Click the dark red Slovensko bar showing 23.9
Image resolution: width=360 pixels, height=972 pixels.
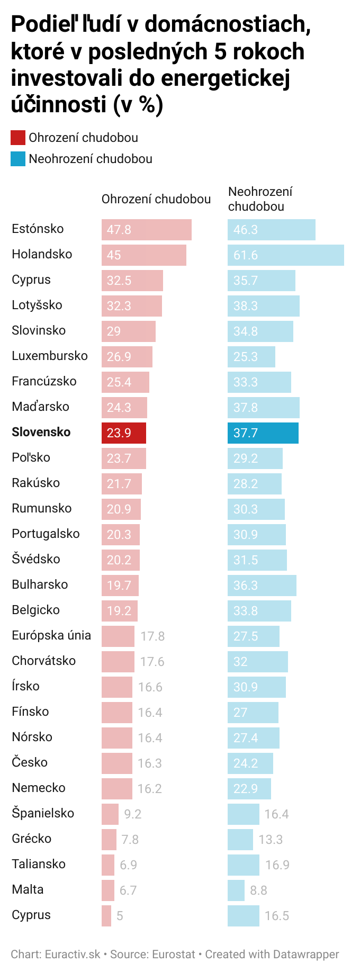123,433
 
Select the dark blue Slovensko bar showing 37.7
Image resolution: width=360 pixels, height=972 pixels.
263,433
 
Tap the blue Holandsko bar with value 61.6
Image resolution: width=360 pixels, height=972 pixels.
285,255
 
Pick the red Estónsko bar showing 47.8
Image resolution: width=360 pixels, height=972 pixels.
146,229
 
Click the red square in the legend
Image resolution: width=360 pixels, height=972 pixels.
17,138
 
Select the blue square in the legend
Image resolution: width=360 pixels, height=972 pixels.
17,159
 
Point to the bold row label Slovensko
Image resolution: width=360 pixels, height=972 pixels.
41,432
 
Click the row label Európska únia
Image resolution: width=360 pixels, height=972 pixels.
51,635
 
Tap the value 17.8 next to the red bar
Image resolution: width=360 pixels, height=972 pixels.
152,636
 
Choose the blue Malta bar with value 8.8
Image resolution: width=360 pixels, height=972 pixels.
236,890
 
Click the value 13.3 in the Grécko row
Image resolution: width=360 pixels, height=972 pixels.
271,839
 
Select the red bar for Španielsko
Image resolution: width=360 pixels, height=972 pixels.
110,814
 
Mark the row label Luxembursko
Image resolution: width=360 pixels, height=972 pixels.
50,356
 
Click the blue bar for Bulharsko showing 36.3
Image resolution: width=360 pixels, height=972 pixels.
262,585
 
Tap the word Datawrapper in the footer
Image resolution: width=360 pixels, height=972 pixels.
305,954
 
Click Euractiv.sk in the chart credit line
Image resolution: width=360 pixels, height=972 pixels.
73,954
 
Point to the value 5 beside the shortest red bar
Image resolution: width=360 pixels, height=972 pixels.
120,915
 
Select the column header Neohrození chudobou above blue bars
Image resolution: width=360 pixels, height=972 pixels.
260,199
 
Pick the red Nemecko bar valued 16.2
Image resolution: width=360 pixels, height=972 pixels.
116,788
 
